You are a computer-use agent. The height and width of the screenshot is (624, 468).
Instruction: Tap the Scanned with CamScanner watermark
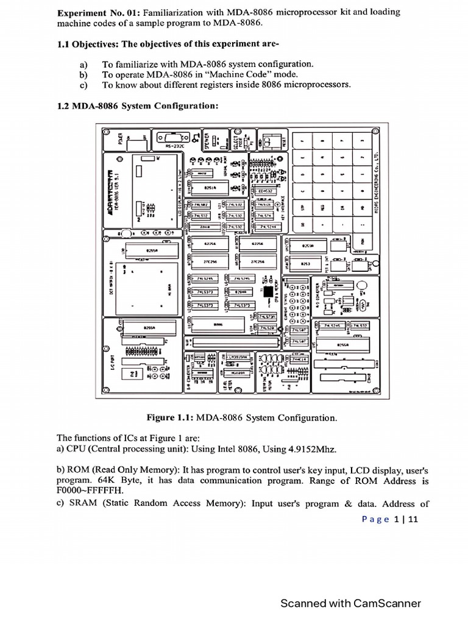350,603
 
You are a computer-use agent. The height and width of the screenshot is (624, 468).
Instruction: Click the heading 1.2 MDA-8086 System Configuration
137,105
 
